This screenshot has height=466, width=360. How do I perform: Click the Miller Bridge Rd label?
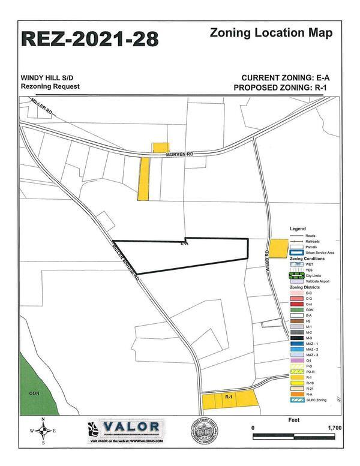click(125, 263)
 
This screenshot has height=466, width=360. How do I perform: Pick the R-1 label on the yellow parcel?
click(229, 397)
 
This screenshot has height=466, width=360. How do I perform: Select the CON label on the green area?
click(34, 393)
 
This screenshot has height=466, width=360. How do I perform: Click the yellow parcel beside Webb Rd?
click(278, 248)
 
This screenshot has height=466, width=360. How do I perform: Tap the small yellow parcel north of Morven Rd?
click(160, 148)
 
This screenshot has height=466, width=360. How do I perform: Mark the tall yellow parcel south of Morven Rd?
click(143, 179)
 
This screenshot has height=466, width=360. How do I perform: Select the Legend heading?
click(298, 229)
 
